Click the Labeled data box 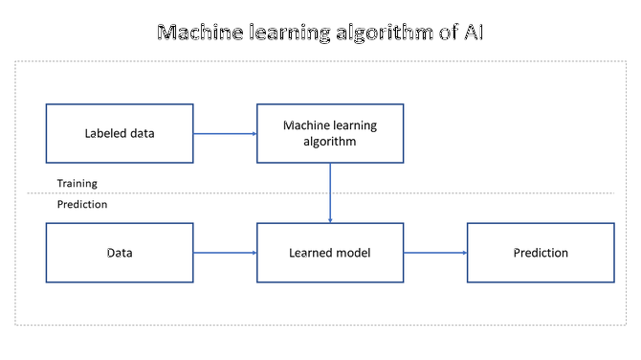coord(120,133)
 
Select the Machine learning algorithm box coord(330,133)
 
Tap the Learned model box coord(330,253)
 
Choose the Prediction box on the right coord(540,253)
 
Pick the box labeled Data coord(120,253)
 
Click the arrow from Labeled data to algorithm coord(225,133)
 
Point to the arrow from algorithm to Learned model coord(330,192)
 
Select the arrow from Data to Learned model coord(225,253)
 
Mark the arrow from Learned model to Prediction coord(435,253)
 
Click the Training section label coord(77,183)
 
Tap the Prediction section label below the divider coord(82,204)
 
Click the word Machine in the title coord(197,34)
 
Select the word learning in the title coord(286,34)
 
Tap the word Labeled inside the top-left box coord(102,133)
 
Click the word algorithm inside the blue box coord(330,142)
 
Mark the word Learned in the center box coord(311,253)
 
